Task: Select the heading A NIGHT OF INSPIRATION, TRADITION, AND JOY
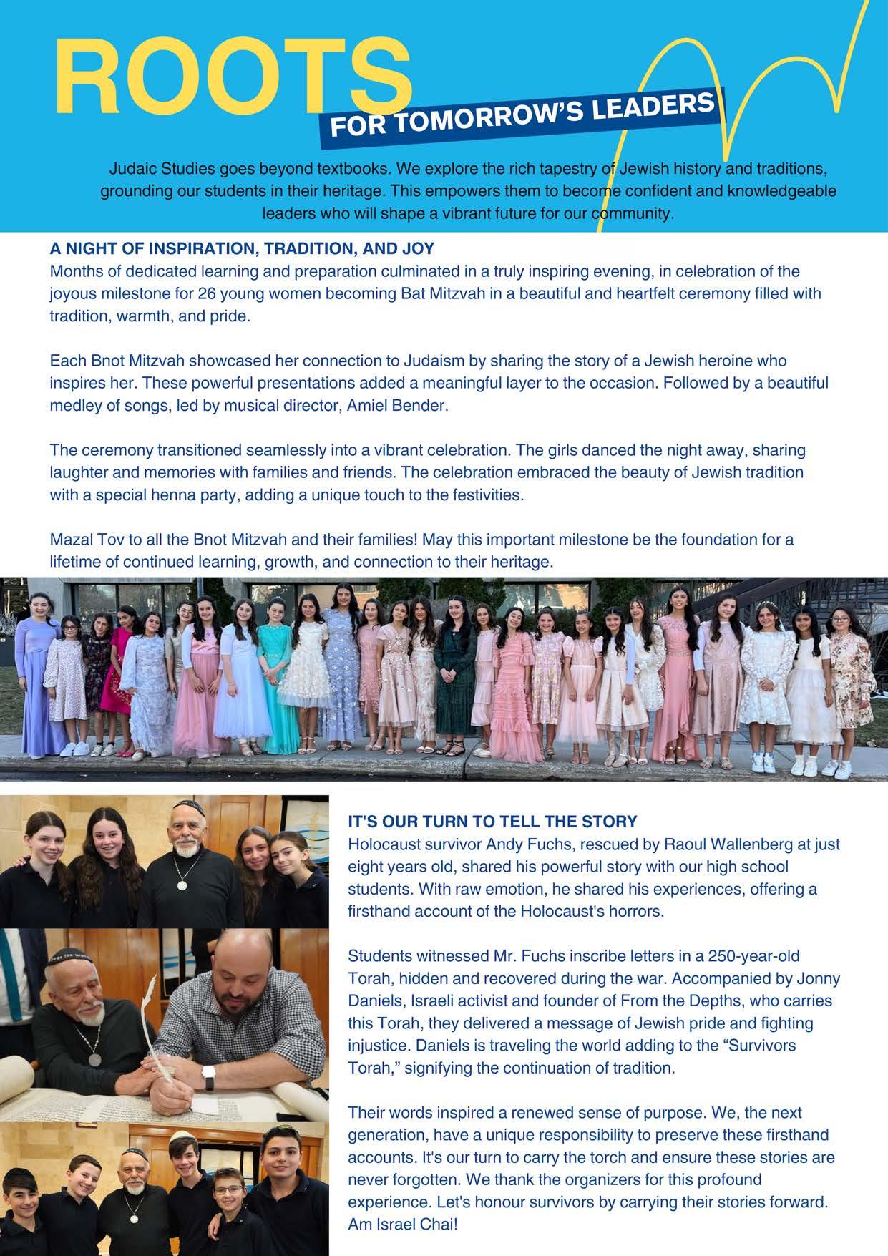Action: pos(242,248)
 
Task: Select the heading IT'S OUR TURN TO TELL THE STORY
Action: pos(492,822)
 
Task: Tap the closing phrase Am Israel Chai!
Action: pos(402,1225)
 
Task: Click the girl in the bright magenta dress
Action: pos(124,687)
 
